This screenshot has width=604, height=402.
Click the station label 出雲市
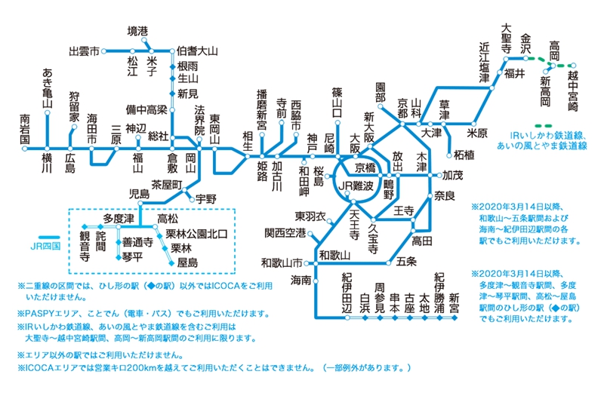coord(84,51)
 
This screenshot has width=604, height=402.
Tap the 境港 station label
coord(137,31)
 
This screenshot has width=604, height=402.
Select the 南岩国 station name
coord(25,128)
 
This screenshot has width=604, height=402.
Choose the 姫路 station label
coord(263,165)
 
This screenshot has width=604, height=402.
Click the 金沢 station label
coord(526,42)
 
